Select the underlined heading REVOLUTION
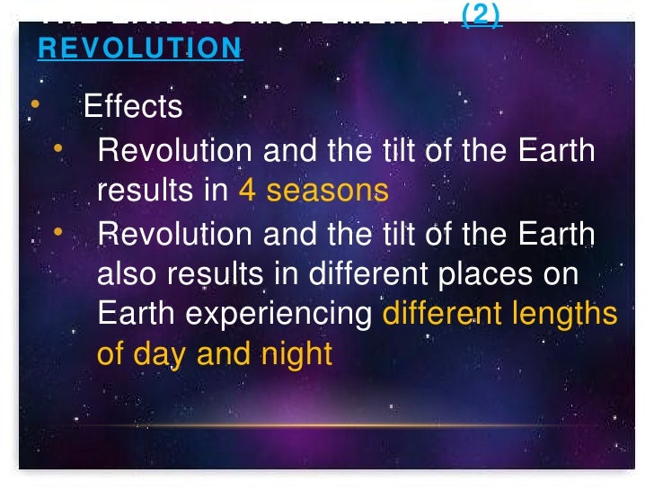[140, 48]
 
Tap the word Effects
[133, 107]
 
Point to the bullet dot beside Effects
[35, 104]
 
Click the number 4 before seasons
[247, 191]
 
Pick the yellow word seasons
[328, 191]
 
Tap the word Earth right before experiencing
[136, 315]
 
